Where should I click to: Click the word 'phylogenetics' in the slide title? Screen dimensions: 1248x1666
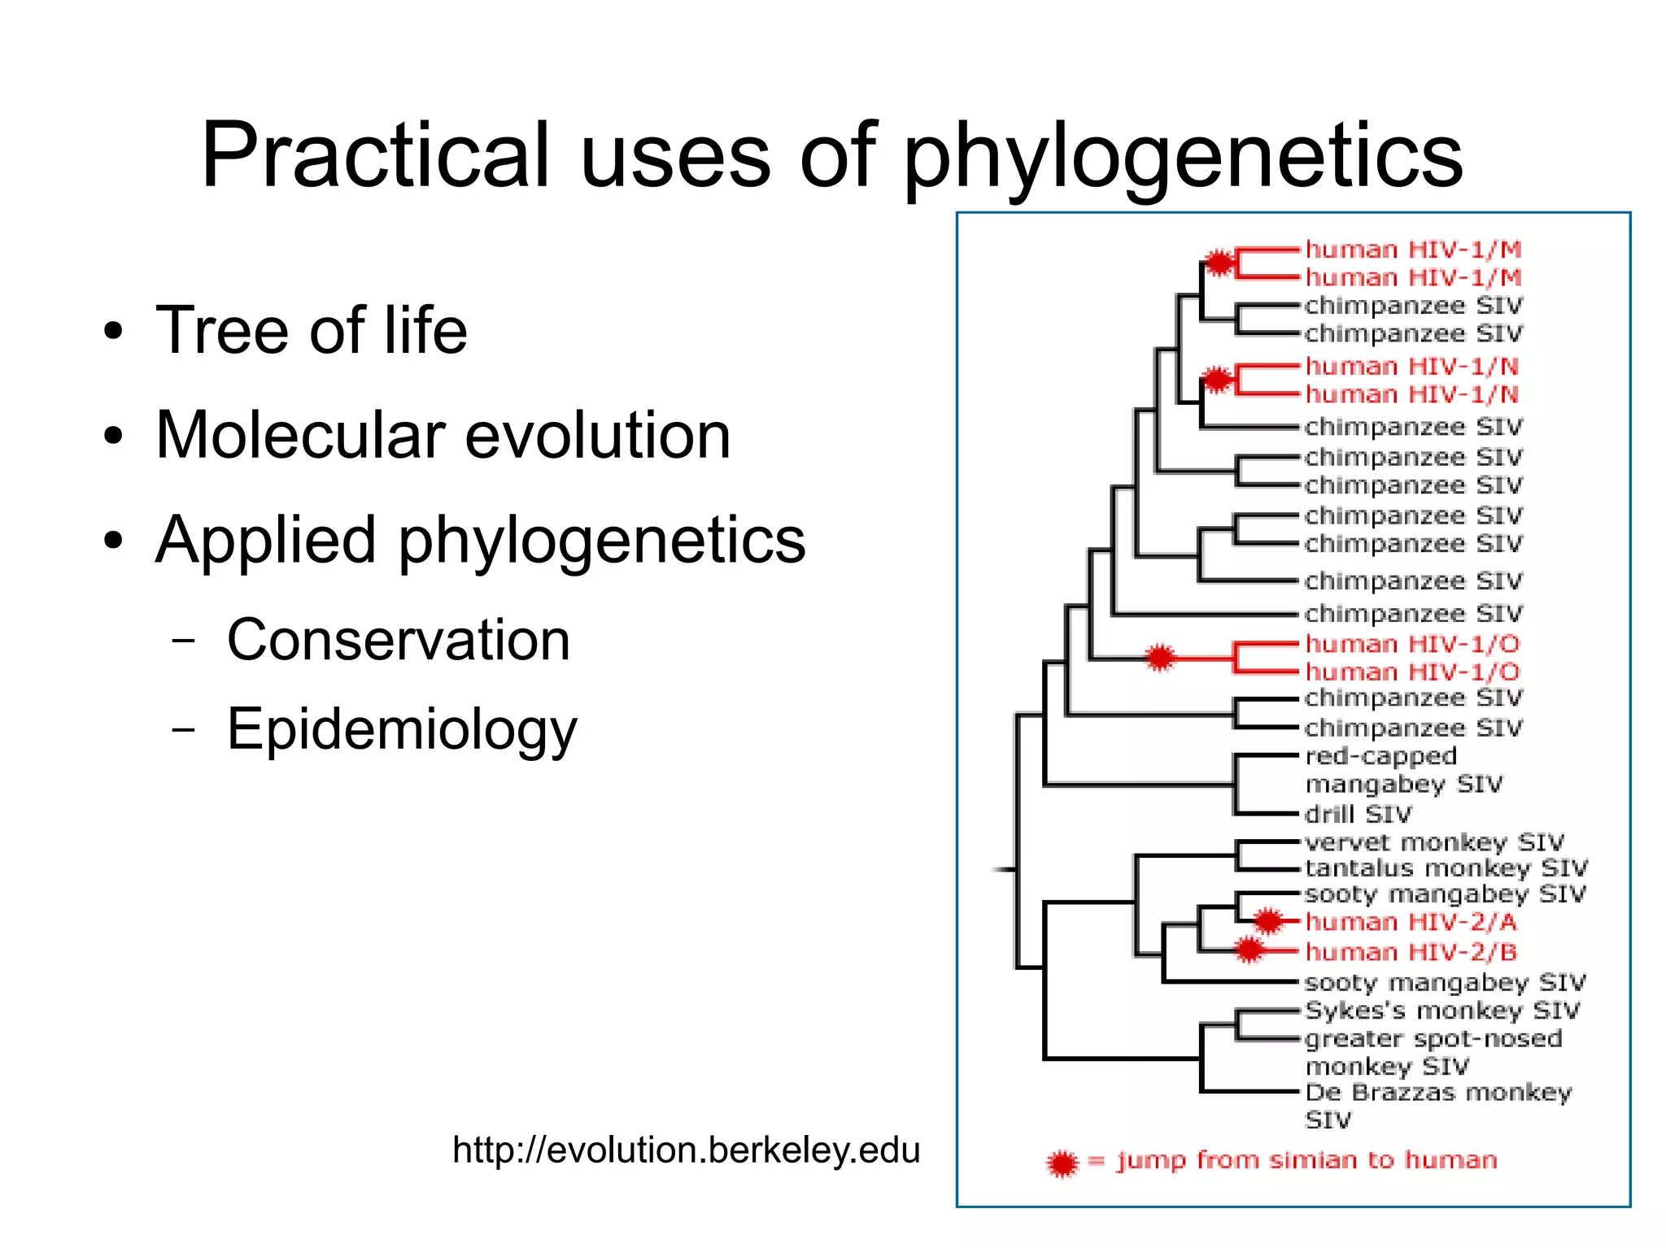pos(1183,156)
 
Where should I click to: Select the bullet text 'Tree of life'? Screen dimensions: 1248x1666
pos(312,330)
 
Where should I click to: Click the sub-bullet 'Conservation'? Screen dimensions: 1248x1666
pos(398,640)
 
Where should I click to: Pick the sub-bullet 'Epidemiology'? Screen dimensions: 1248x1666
pos(402,729)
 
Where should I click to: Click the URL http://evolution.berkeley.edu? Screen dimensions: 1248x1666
pos(686,1150)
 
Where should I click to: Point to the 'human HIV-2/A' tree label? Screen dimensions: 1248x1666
pos(1411,922)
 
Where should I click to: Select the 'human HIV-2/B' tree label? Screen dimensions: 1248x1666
pos(1411,951)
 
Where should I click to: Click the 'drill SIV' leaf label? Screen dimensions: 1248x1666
pos(1358,814)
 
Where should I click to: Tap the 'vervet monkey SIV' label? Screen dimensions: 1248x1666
pos(1434,842)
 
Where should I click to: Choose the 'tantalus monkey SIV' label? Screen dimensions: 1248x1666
pos(1446,868)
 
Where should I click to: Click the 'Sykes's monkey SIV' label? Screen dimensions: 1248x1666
pos(1441,1011)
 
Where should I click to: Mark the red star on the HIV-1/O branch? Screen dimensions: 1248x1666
pos(1160,657)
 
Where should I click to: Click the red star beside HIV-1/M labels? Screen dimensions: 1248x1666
pos(1219,263)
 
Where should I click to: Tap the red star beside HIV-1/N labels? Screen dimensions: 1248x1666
pos(1217,379)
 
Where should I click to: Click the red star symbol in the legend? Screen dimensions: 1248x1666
pos(1062,1163)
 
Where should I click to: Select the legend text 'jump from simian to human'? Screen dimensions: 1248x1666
pos(1306,1160)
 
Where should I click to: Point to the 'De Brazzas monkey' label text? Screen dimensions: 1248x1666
pos(1437,1092)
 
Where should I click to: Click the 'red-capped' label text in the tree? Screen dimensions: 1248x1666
pos(1380,756)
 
